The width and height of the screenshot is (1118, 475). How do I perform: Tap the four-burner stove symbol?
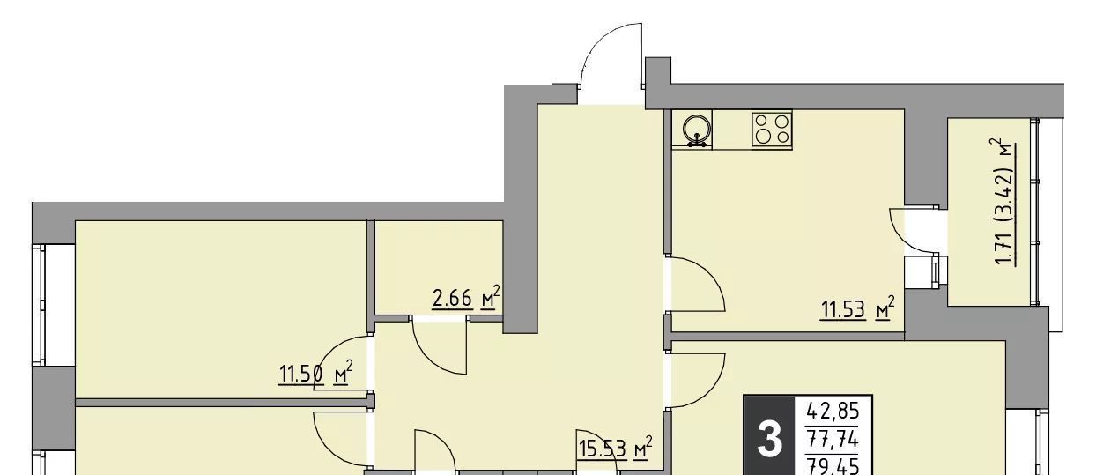772,129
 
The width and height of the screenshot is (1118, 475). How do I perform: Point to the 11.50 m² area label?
316,373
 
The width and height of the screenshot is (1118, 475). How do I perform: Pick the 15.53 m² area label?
615,449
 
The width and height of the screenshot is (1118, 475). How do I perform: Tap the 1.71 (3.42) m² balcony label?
1003,203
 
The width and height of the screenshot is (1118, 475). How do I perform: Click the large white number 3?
769,441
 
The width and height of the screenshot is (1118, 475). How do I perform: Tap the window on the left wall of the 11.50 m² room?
39,305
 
